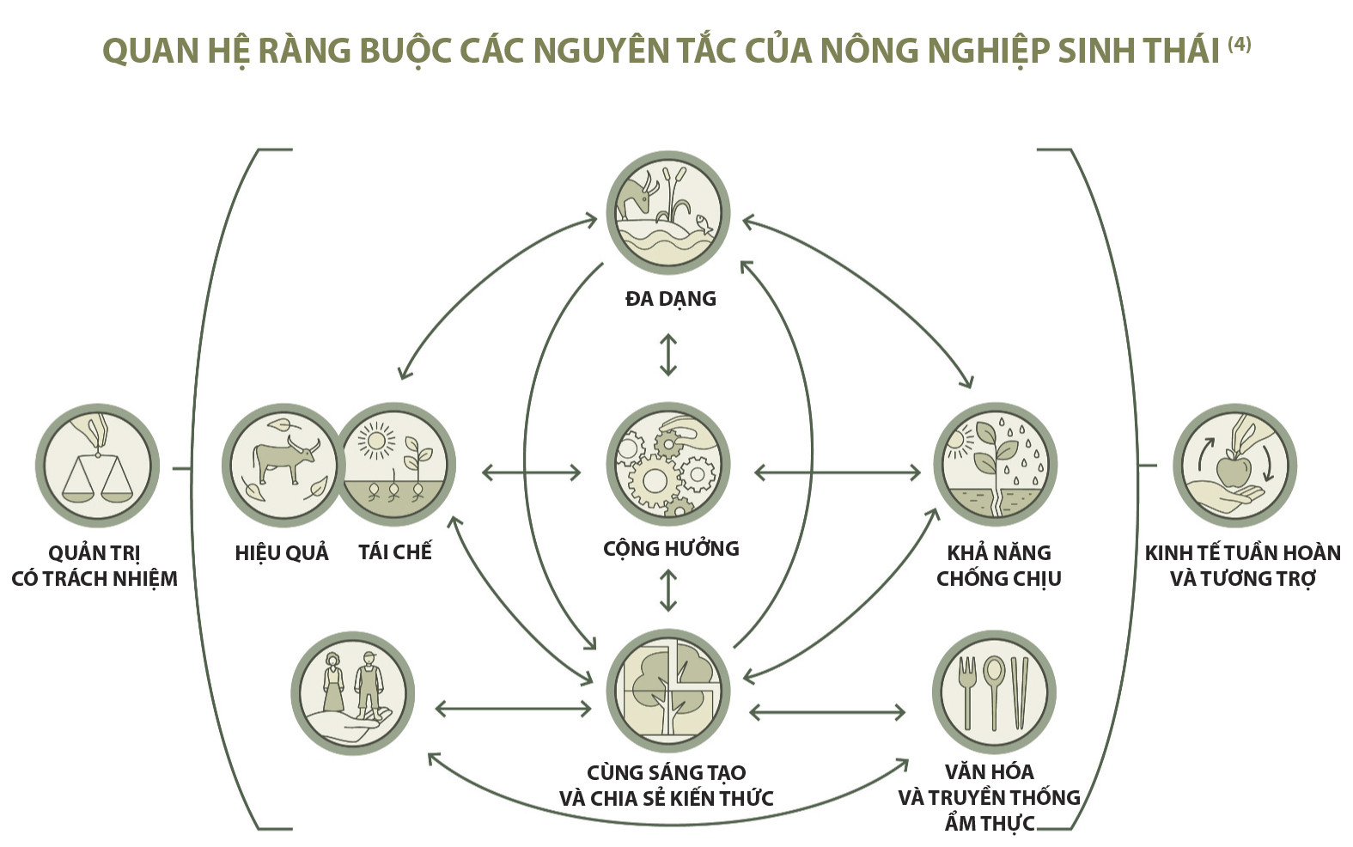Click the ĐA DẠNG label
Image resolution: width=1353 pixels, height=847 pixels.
point(670,299)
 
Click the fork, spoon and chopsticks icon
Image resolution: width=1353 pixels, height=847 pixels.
point(994,692)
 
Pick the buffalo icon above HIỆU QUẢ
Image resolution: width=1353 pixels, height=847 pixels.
point(283,466)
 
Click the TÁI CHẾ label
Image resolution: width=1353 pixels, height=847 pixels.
point(395,551)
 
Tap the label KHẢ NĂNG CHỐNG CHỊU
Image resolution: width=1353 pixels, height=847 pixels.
point(998,565)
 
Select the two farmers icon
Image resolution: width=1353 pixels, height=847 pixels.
point(352,692)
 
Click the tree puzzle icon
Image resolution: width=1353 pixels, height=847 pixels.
point(668,692)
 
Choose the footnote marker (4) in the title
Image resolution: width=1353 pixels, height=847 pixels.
point(1239,43)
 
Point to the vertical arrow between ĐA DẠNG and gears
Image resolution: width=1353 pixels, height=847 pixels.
point(668,355)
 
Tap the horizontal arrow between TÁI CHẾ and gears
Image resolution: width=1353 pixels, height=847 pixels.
point(531,472)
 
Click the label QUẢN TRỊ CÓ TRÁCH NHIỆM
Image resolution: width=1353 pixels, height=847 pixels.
point(94,565)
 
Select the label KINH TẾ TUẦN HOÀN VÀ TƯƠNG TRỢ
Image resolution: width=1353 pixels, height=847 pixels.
point(1242,565)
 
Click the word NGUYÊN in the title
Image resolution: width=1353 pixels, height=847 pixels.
point(603,51)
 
